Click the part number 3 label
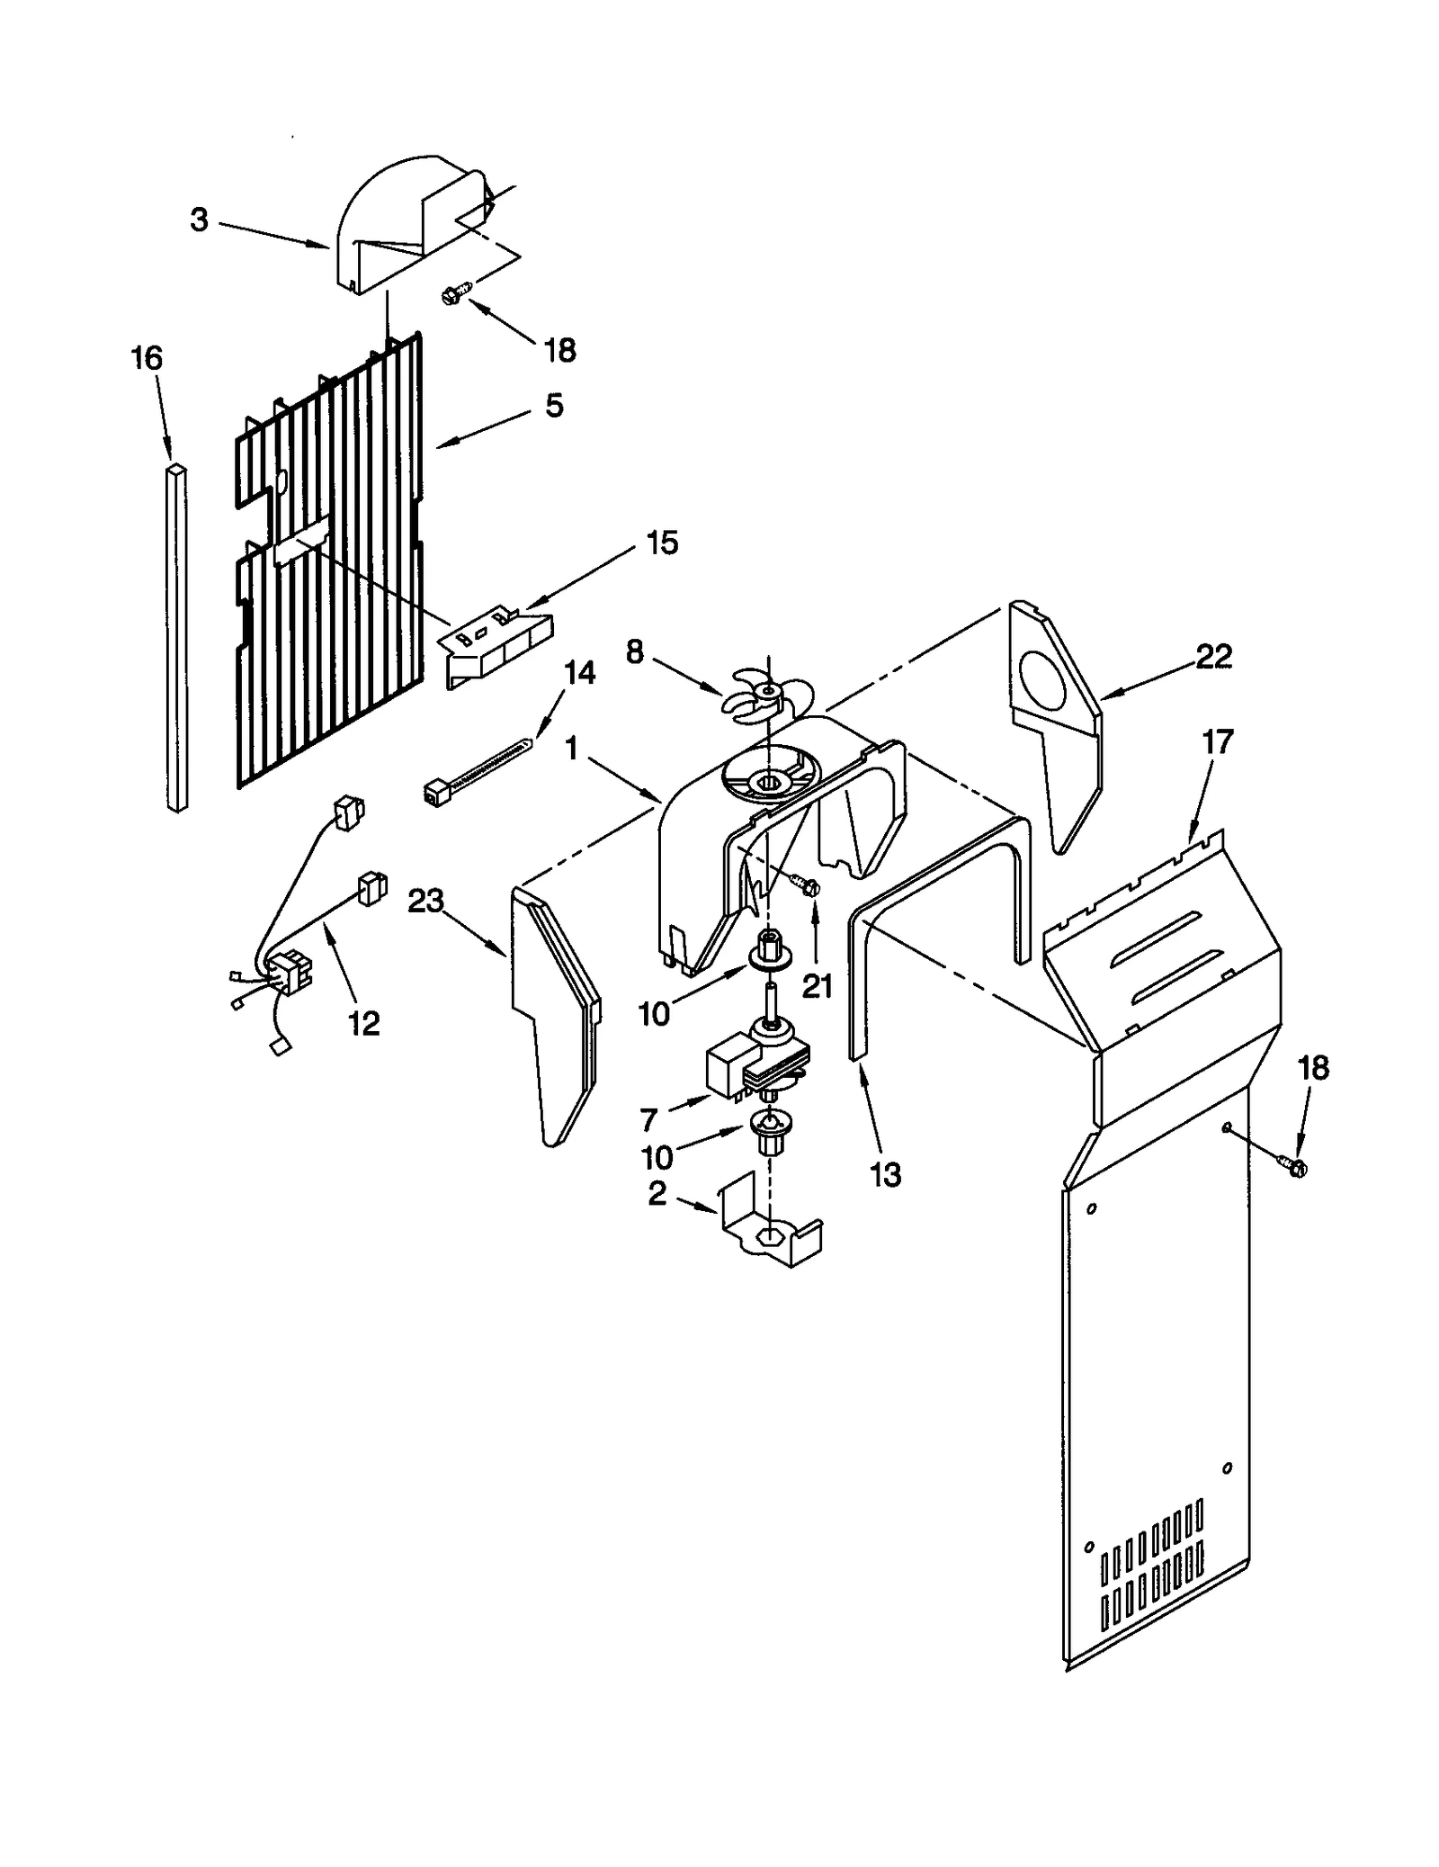(x=199, y=220)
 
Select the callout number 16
(x=147, y=358)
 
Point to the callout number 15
(x=662, y=543)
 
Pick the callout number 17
(x=1218, y=742)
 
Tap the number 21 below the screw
(x=817, y=986)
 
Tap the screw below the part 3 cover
(x=457, y=292)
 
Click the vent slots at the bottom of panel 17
(x=1152, y=1570)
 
